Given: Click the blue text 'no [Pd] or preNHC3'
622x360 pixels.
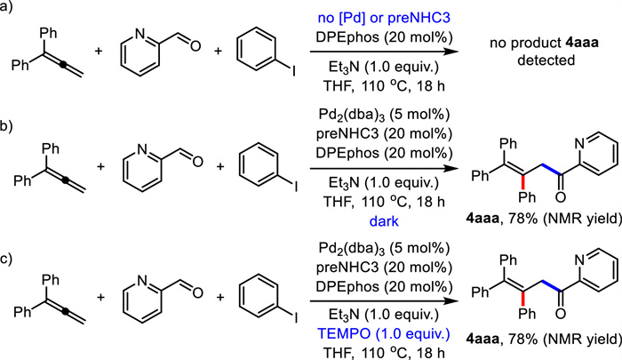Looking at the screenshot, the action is (384, 18).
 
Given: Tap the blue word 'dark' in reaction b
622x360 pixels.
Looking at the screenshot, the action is (384, 221).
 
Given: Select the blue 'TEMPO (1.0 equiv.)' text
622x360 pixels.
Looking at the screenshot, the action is (384, 333).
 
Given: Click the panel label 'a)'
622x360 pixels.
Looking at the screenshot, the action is (6, 7).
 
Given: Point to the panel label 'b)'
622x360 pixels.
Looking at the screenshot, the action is (7, 127).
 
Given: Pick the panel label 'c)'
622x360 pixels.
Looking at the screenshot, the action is (6, 259).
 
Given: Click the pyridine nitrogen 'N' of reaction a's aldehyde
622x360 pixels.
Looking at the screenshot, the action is (140, 34).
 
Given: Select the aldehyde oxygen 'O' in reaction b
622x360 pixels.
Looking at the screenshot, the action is (197, 162).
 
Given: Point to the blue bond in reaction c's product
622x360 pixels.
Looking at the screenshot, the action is (552, 286).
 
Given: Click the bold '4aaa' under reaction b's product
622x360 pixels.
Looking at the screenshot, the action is (482, 219).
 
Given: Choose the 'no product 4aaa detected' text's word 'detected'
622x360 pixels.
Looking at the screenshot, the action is (546, 60).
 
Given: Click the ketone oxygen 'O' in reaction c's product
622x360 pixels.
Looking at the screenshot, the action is (561, 314).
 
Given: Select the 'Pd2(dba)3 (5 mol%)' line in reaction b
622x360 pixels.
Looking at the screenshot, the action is (384, 115).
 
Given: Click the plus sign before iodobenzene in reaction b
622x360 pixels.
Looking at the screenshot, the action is (219, 166).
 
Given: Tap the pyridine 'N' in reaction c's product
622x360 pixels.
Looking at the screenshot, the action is (580, 260).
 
